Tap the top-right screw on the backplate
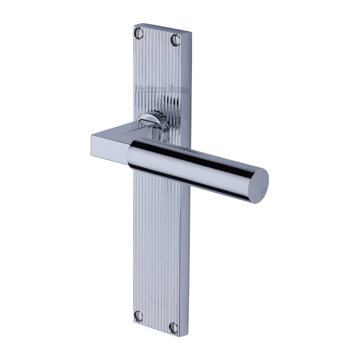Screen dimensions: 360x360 point(175,40)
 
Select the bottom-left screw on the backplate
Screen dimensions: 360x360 point(139,316)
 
